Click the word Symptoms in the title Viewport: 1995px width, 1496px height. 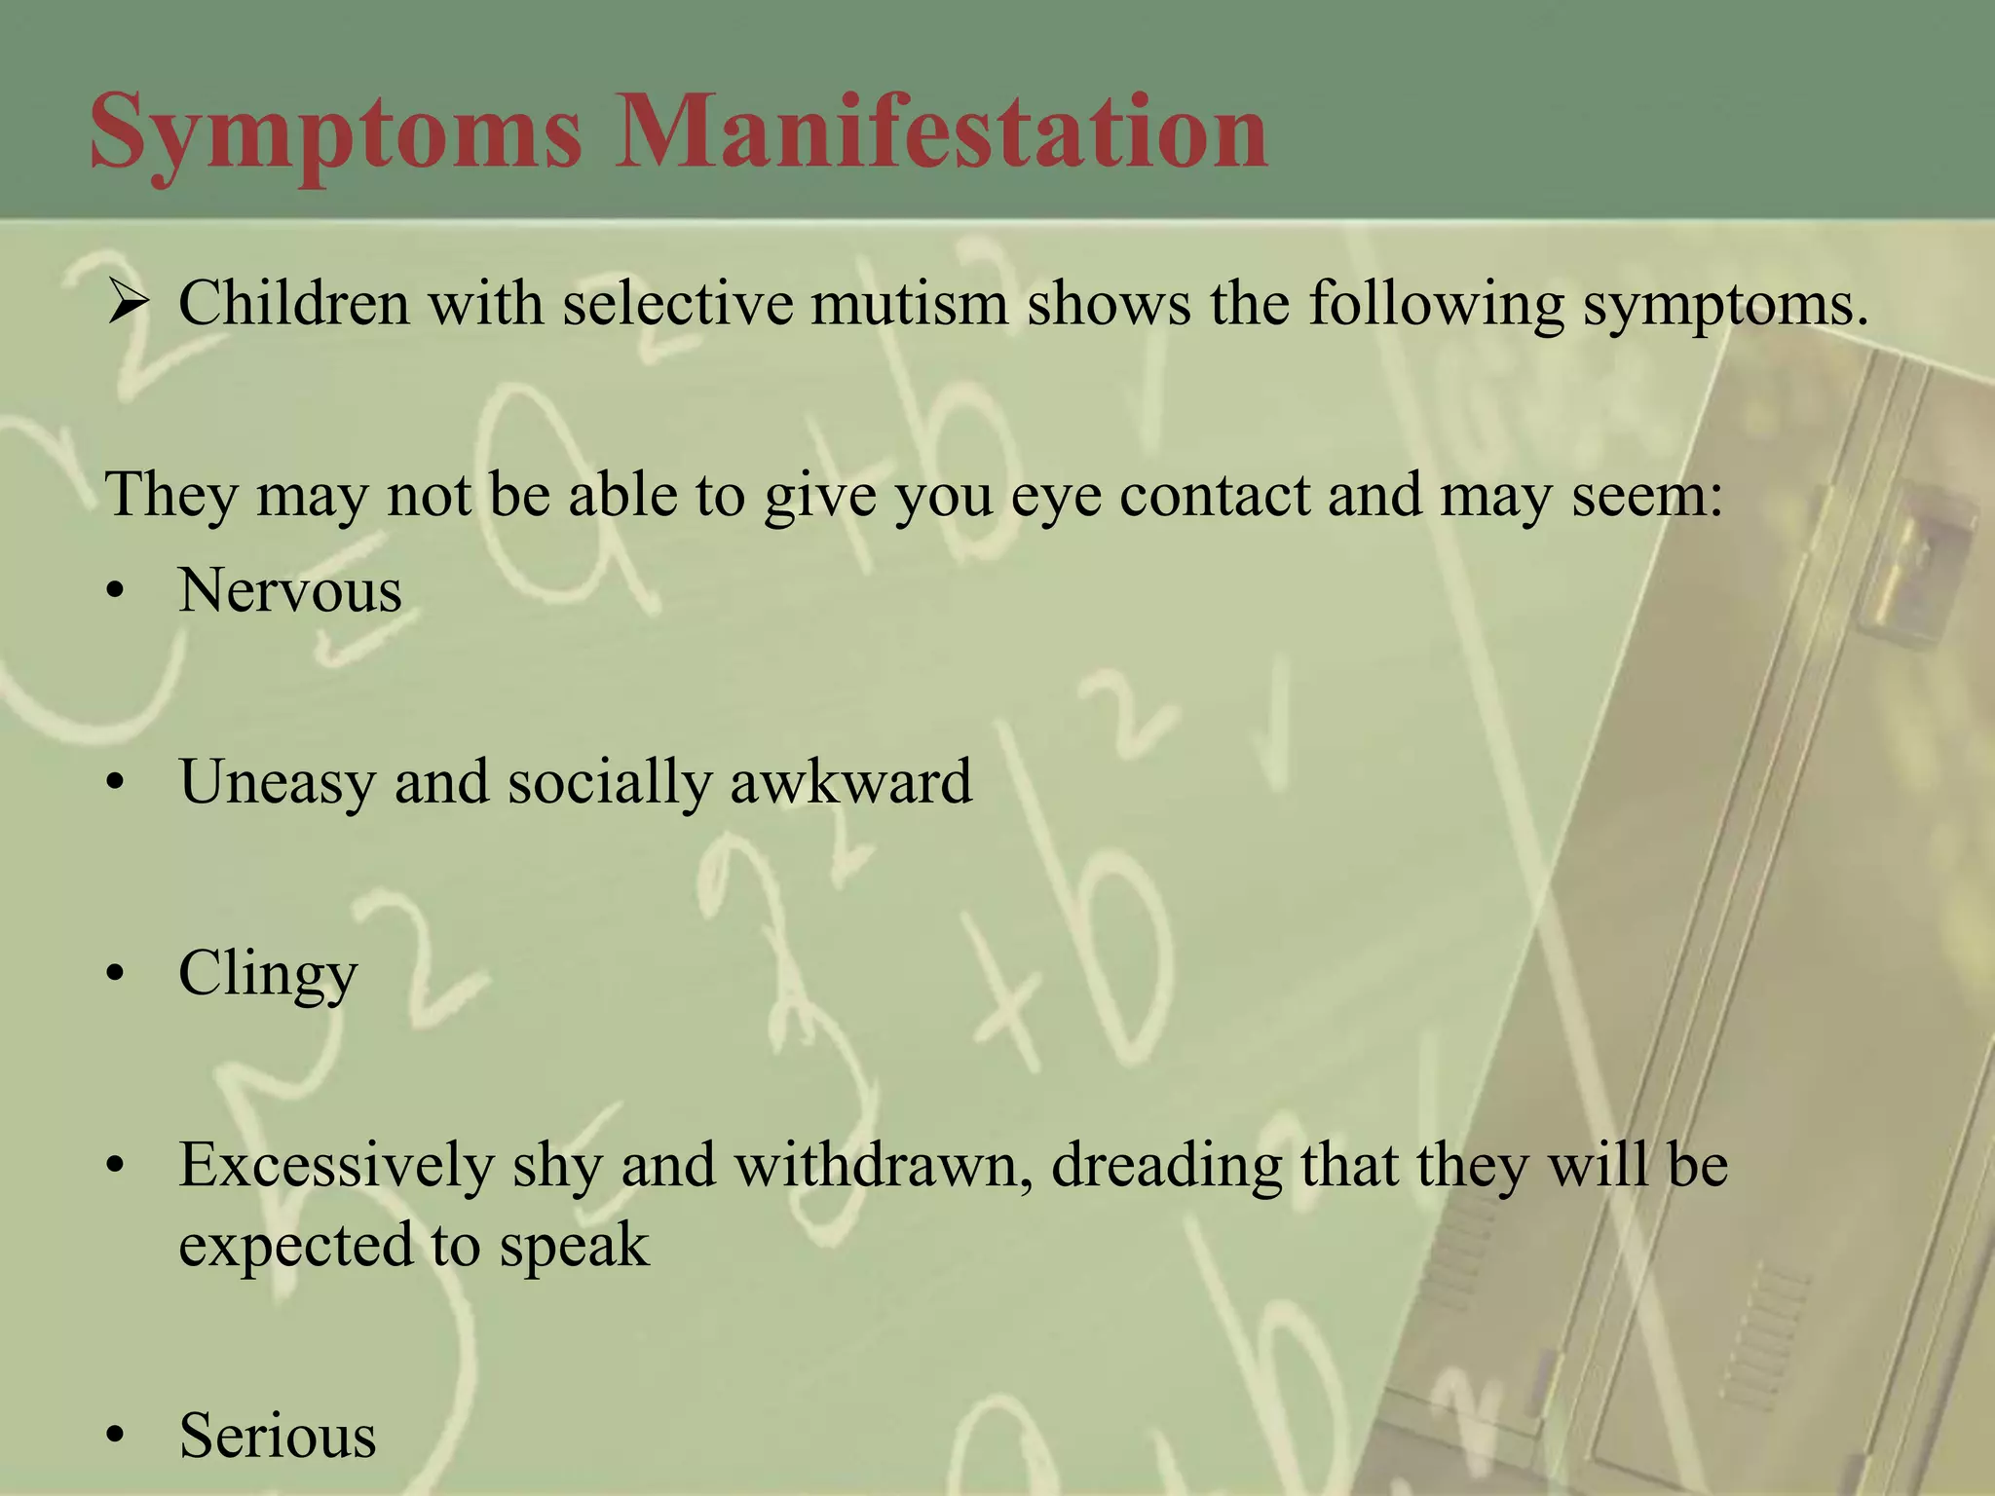(x=335, y=132)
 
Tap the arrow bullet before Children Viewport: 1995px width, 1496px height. (x=128, y=304)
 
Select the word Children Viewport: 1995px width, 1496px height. (x=293, y=303)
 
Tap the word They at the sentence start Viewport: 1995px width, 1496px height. (x=171, y=495)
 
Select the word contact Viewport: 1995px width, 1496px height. (x=1214, y=495)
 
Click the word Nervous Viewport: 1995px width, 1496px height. (x=289, y=590)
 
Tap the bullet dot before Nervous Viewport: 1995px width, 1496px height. (x=117, y=592)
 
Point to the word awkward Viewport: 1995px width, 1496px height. (x=850, y=781)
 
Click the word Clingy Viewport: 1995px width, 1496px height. (x=268, y=974)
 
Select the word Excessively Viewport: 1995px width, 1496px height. (x=336, y=1165)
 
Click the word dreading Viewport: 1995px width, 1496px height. (x=1166, y=1165)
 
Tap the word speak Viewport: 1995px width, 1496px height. (x=574, y=1246)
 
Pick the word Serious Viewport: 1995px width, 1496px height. (x=278, y=1436)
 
